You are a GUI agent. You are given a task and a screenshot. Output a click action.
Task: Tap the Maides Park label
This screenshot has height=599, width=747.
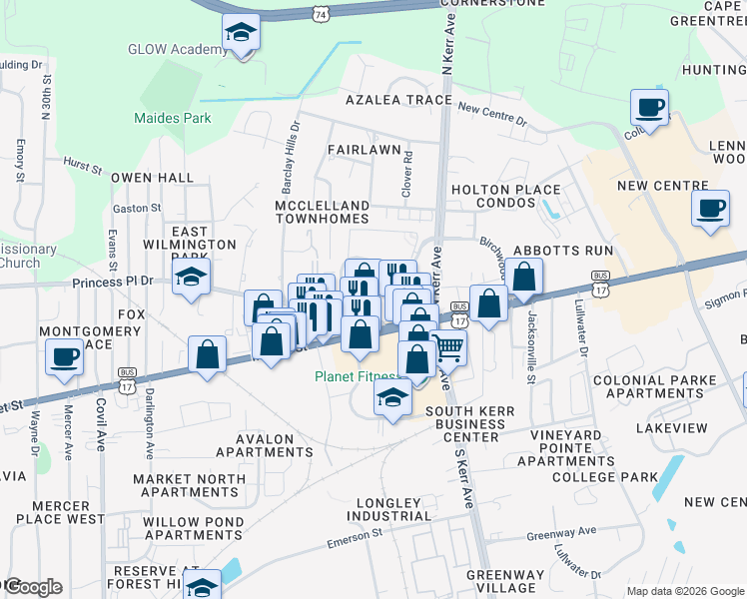[x=173, y=118]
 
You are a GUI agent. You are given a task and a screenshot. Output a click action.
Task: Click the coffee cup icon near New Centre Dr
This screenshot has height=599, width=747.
[x=649, y=107]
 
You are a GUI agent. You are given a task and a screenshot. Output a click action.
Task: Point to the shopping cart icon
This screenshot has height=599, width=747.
[x=449, y=347]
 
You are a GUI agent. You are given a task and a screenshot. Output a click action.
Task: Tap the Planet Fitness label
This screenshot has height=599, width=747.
[x=356, y=376]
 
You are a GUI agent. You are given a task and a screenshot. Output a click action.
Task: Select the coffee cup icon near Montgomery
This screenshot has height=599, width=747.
[x=65, y=357]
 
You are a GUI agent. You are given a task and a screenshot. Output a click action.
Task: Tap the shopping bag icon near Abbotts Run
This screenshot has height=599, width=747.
[x=523, y=277]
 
